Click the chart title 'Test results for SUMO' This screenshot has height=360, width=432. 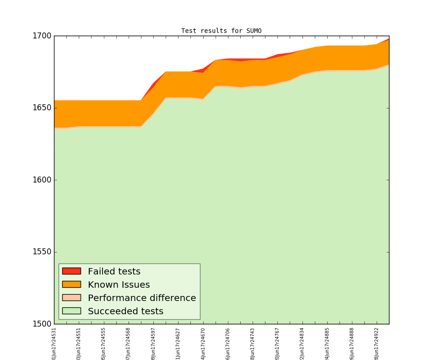pos(221,31)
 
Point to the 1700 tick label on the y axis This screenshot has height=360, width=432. pos(43,36)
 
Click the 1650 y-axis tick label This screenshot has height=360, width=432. pos(43,108)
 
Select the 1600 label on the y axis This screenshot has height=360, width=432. pos(43,180)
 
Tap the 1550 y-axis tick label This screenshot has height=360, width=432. pos(43,252)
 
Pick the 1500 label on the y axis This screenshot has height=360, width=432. pos(43,324)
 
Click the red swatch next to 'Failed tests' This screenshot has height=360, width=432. pos(71,271)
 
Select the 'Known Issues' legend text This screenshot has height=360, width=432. pos(119,285)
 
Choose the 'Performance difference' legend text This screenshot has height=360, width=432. pos(142,298)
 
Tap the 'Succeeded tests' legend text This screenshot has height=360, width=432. pos(125,312)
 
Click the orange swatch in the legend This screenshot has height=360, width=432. pos(71,285)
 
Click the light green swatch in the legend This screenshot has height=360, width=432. pos(71,311)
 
